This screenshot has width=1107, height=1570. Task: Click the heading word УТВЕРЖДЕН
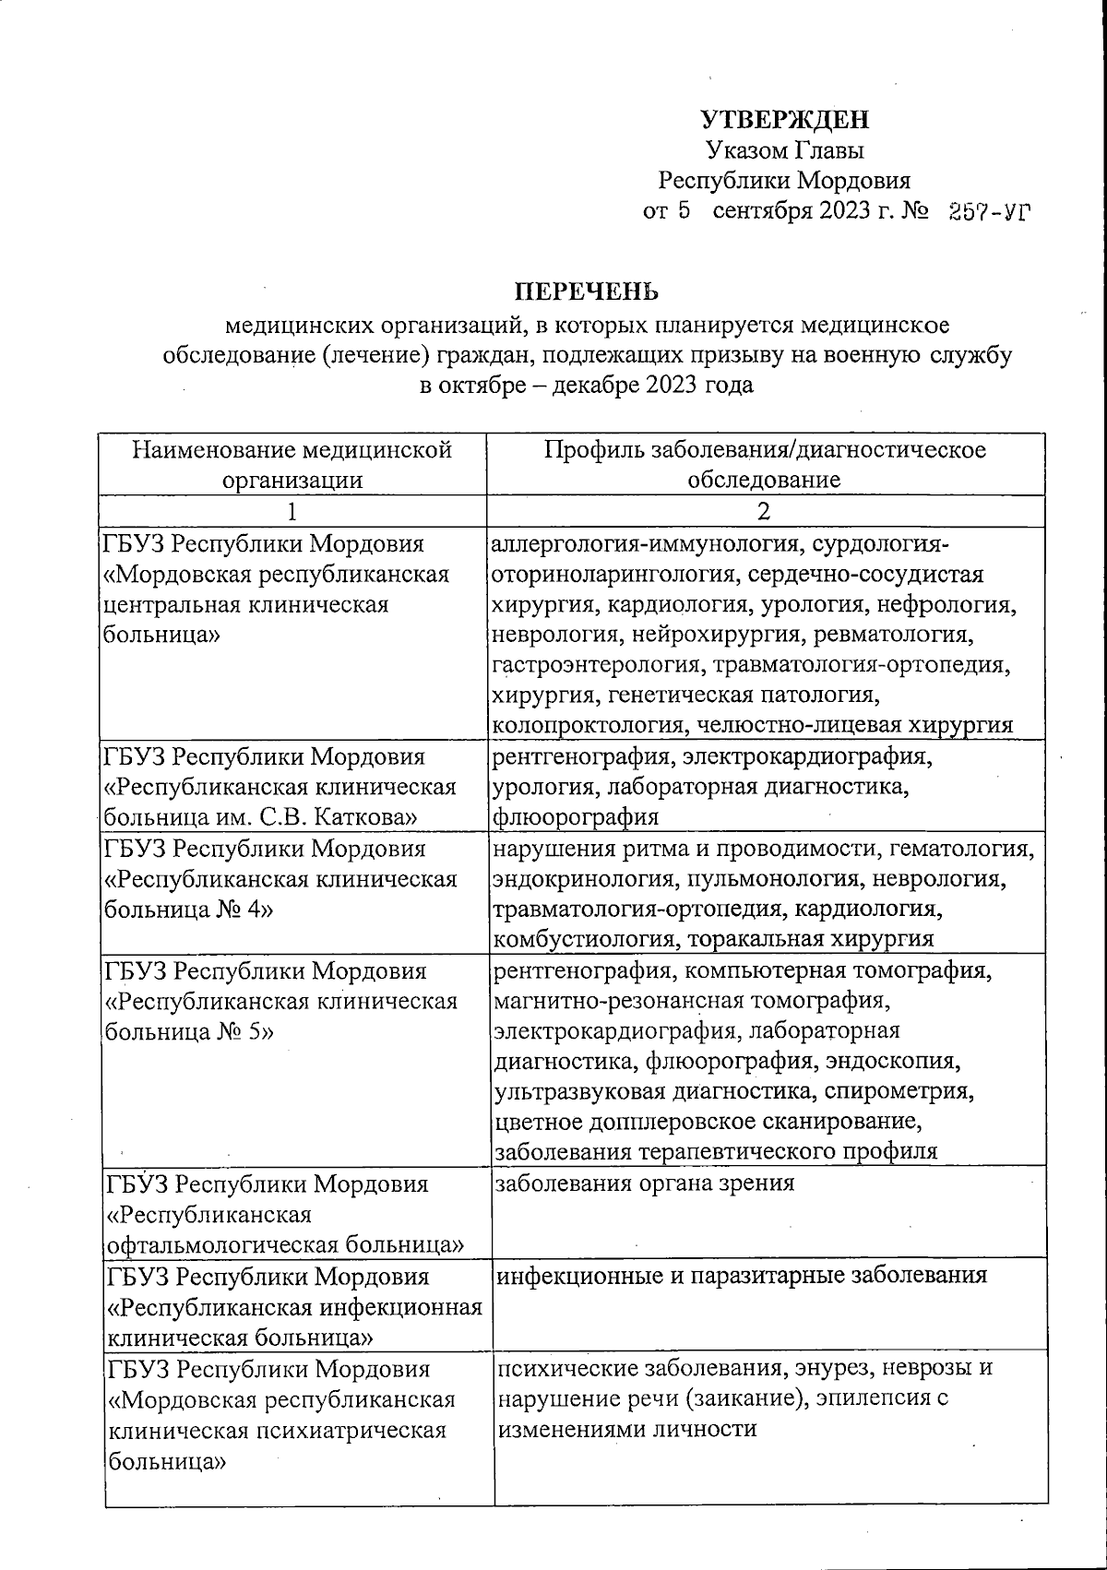(784, 120)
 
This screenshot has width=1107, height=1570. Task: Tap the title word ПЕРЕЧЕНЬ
(586, 292)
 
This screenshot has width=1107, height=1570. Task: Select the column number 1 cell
(292, 510)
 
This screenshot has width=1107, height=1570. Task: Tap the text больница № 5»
(188, 1031)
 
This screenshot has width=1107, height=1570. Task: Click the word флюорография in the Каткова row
(576, 817)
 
